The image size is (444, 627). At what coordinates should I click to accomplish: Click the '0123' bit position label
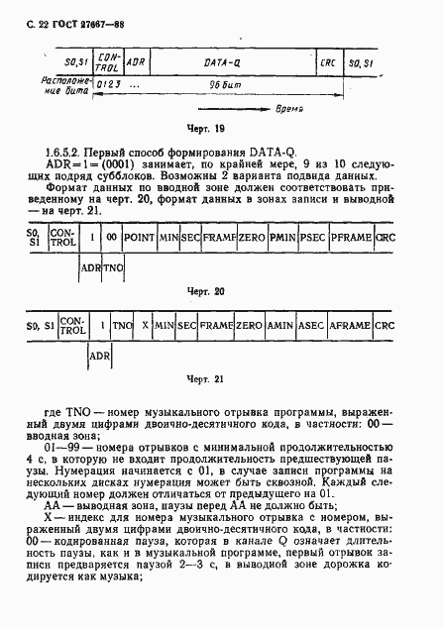105,86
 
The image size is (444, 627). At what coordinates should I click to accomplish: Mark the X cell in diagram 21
145,325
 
